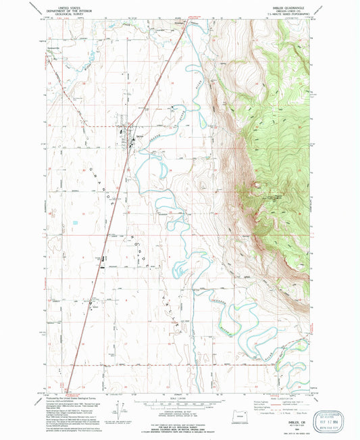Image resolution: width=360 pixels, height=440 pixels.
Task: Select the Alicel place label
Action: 96,309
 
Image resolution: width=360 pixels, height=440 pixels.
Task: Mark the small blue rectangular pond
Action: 76,222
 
